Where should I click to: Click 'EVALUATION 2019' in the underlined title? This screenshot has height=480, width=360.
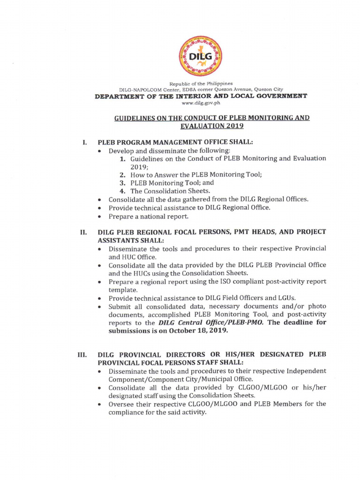click(x=212, y=126)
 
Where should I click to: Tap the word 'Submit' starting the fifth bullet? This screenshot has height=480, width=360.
click(x=120, y=306)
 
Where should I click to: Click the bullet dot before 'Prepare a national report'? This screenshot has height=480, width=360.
click(x=100, y=217)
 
